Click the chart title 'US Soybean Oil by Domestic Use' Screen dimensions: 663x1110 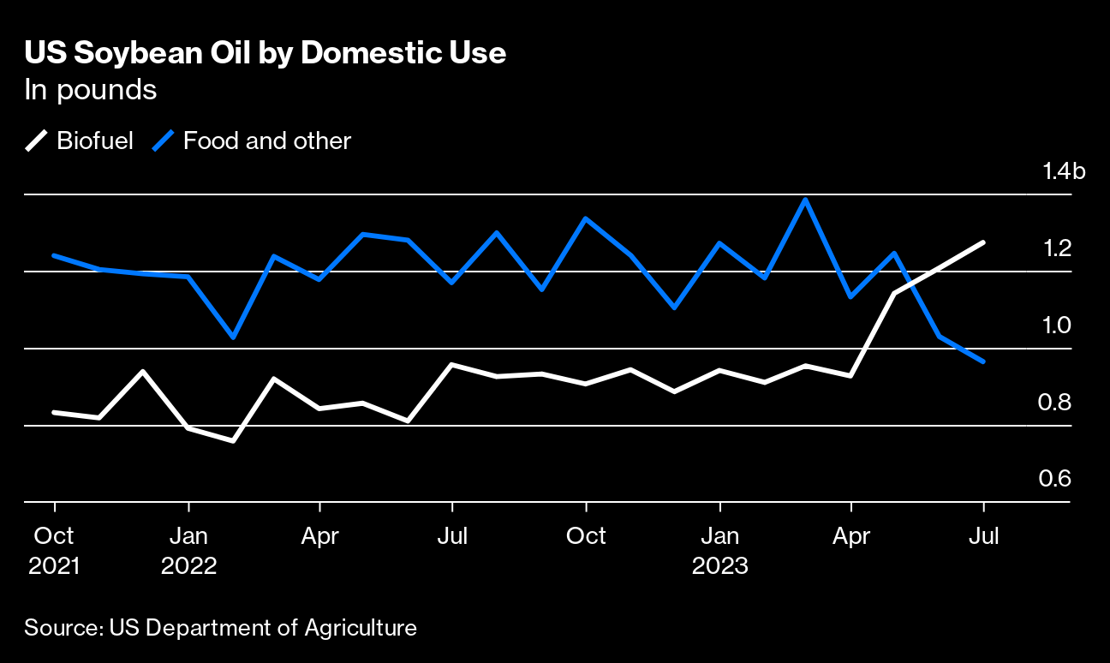(x=266, y=53)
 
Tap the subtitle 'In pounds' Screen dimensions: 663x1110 (x=91, y=90)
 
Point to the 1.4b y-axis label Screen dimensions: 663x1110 (x=1063, y=171)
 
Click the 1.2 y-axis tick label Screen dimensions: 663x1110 (x=1054, y=248)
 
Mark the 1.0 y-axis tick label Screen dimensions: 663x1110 (x=1054, y=326)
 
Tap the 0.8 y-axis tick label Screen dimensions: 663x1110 (x=1054, y=402)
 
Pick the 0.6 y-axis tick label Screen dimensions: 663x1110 (x=1054, y=478)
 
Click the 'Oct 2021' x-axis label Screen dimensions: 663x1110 (x=55, y=551)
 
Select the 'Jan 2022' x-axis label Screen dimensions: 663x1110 (x=188, y=551)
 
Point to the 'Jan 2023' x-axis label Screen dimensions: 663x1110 (x=720, y=551)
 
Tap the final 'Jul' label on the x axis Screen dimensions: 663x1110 (x=984, y=536)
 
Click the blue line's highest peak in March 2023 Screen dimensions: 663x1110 (x=805, y=200)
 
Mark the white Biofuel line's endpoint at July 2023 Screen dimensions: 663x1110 (x=984, y=242)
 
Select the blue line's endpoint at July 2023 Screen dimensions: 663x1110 (x=984, y=361)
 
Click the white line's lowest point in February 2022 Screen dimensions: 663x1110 (x=233, y=441)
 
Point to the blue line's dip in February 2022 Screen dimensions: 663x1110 (x=233, y=337)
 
